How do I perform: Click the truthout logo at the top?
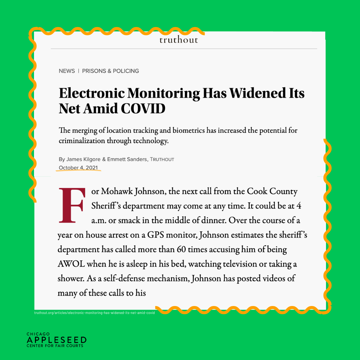tap(179, 40)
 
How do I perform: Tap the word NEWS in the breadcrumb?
tap(67, 71)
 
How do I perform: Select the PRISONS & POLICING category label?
tap(110, 71)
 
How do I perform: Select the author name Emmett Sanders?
tap(127, 159)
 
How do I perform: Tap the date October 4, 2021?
tap(78, 167)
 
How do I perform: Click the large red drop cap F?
tap(71, 205)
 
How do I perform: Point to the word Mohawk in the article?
tap(116, 192)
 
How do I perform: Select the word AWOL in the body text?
tap(71, 264)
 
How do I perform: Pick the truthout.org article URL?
tap(94, 313)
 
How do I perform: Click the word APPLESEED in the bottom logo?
tap(56, 340)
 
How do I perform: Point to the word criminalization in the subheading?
tap(81, 141)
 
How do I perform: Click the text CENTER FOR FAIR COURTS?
tap(55, 346)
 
